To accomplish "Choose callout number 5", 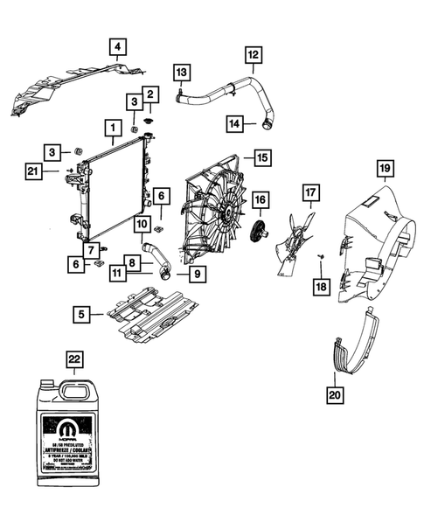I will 80,312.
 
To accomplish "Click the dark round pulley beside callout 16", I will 259,233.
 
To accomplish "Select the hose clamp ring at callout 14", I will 262,125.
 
